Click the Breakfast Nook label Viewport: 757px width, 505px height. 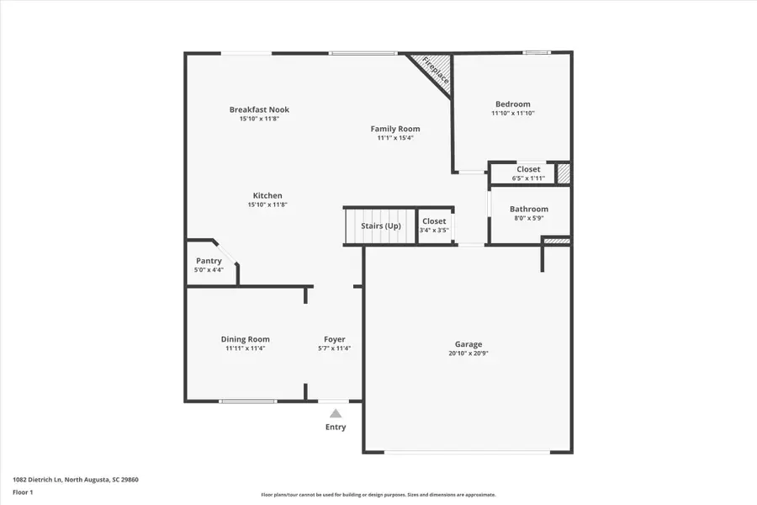259,109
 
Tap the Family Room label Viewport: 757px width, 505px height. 395,129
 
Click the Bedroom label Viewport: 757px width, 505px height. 513,104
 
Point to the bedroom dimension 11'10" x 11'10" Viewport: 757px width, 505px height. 513,113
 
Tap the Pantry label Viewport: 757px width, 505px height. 209,261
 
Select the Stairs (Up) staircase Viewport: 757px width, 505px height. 380,226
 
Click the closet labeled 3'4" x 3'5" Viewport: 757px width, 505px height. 434,226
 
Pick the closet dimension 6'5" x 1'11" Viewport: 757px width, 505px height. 528,178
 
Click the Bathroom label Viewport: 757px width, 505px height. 529,209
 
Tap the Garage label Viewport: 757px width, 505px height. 468,344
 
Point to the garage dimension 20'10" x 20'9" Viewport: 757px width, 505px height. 468,353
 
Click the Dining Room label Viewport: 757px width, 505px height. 246,339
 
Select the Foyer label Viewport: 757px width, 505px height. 335,339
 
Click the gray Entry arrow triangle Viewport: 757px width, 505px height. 336,413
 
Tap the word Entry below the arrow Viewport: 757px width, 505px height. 336,427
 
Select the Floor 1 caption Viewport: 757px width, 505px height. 23,492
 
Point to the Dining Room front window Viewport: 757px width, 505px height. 248,401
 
